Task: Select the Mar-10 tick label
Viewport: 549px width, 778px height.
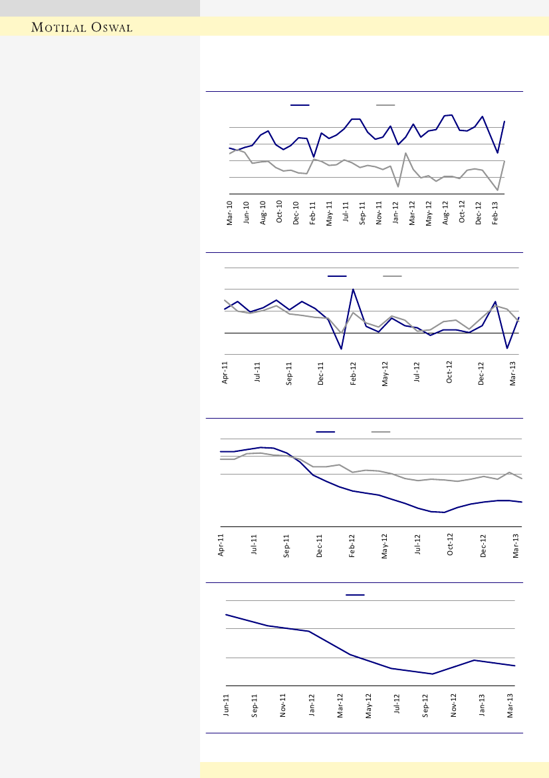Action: click(230, 212)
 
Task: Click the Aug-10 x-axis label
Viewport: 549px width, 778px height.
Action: click(263, 212)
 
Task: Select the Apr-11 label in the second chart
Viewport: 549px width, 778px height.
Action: click(225, 374)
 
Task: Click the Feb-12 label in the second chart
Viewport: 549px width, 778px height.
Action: click(354, 374)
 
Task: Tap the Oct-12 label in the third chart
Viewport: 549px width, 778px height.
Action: click(451, 545)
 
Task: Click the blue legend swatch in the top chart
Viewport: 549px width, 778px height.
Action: click(300, 104)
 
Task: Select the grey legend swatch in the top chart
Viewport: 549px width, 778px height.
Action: click(385, 104)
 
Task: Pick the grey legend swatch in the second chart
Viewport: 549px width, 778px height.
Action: click(392, 276)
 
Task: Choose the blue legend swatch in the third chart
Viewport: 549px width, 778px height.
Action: click(326, 432)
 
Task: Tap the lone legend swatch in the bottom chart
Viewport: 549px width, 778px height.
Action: click(355, 594)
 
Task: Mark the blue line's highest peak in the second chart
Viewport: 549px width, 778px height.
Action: click(353, 290)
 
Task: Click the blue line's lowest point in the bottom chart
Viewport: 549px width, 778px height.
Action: click(433, 674)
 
